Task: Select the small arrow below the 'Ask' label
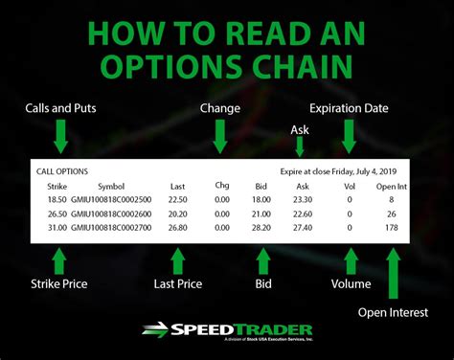pos(299,146)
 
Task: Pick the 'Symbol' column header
pos(110,186)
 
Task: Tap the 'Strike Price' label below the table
pos(56,283)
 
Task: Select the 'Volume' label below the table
pos(352,283)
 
